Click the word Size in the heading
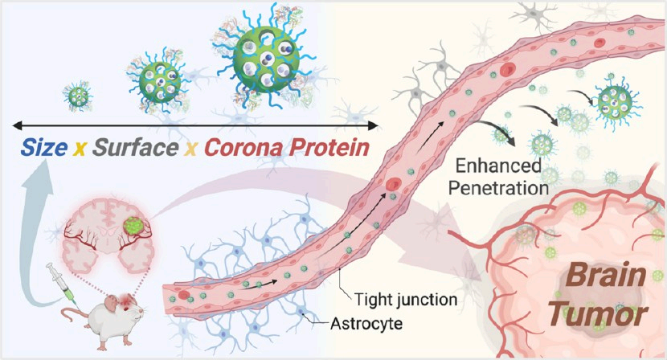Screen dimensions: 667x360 click(44, 148)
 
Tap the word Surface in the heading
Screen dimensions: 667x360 click(135, 148)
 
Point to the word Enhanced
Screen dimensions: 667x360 click(498, 166)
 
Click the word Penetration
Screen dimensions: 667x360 click(498, 188)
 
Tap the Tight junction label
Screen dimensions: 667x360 click(405, 300)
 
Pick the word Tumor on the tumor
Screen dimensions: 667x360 click(598, 315)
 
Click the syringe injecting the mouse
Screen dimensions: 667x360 click(62, 283)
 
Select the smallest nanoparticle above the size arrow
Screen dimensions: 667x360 click(78, 96)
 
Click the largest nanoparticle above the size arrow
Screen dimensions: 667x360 click(266, 59)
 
